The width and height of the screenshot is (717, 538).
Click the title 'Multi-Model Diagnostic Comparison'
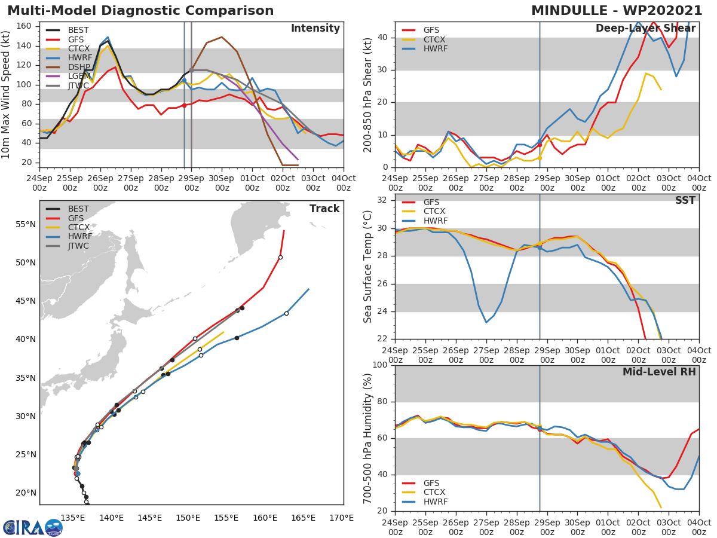pos(140,11)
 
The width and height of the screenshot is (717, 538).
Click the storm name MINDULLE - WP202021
pos(617,11)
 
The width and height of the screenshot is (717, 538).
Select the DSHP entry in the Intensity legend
pos(78,68)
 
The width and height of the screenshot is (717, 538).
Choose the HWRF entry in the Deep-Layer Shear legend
pos(435,48)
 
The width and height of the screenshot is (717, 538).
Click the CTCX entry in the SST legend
pos(434,211)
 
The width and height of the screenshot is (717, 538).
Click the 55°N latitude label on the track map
pos(26,224)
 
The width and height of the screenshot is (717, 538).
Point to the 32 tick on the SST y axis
pos(382,200)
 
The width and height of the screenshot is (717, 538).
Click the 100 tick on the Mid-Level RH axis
pos(380,365)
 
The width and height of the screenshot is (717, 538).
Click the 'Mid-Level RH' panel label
pos(658,372)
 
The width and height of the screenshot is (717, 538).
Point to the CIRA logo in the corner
pos(32,527)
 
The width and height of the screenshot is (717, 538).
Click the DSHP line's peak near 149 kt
pos(221,37)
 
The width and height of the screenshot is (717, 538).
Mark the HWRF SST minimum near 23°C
pos(486,322)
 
